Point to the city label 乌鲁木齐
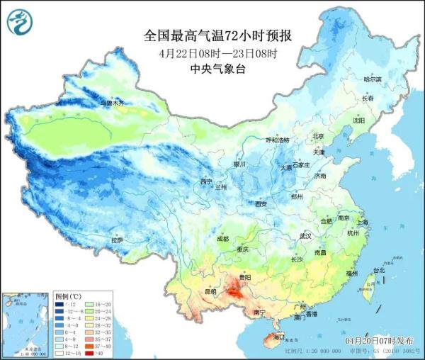tap(111, 103)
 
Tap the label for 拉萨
tap(117, 240)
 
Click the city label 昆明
tap(191, 292)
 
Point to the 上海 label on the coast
tap(363, 222)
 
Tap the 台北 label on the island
tap(378, 270)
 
